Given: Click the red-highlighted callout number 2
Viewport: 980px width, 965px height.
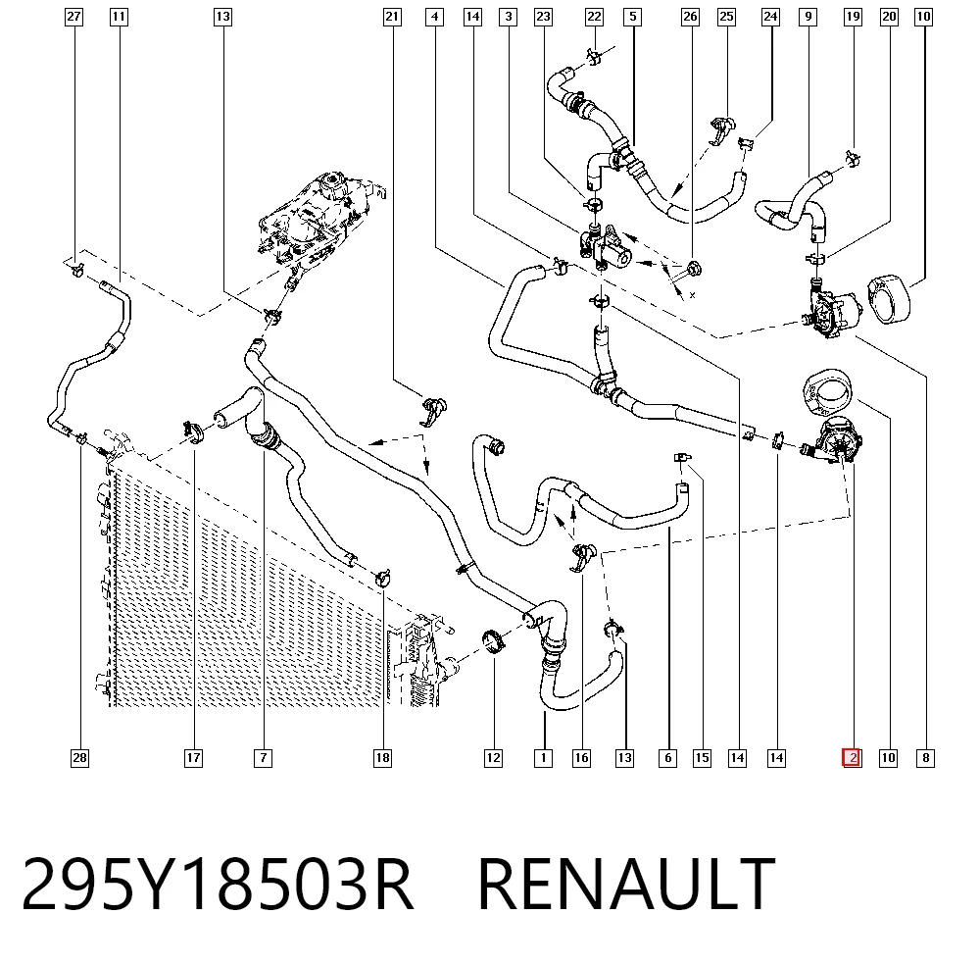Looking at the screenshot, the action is tap(852, 757).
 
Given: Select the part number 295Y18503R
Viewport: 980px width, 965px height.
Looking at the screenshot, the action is tap(218, 885).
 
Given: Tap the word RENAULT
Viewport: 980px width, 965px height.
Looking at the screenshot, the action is tap(626, 885).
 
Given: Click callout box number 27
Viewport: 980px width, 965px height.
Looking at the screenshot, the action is tap(73, 17).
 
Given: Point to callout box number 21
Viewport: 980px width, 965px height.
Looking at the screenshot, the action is tap(392, 17).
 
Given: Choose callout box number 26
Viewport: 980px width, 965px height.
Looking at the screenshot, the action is tap(690, 17).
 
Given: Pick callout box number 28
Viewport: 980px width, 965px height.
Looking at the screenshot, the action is tap(79, 758).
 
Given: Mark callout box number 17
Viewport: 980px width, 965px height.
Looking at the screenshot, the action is tap(194, 758).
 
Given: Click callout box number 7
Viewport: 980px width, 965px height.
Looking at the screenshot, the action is tap(263, 758).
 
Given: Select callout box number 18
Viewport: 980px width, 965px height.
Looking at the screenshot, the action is tap(382, 758).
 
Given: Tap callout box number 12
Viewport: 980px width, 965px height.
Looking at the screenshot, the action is tap(493, 758).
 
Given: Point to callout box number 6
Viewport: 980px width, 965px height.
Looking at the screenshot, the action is tap(667, 758).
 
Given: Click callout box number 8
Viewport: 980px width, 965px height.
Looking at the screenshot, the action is tap(926, 758).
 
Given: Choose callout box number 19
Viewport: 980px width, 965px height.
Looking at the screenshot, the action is tap(853, 17).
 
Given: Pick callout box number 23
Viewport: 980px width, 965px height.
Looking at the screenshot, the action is tap(544, 17).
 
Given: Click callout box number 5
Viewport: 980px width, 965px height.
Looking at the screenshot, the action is tap(632, 17).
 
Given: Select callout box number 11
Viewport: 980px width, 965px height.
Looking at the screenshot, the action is tap(119, 17).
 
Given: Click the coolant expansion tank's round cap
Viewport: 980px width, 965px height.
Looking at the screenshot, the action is tap(331, 186).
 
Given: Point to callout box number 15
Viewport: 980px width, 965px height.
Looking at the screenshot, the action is tap(702, 758).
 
